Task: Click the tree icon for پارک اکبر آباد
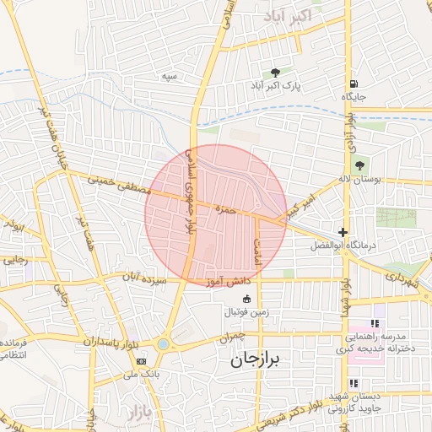(275, 72)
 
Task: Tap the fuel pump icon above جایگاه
(352, 84)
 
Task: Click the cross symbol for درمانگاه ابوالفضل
(343, 232)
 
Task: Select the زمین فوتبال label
(246, 312)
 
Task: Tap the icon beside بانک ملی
(141, 361)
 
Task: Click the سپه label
(170, 76)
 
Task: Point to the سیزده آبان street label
(140, 277)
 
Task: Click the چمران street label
(235, 336)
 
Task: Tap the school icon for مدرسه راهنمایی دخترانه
(375, 324)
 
